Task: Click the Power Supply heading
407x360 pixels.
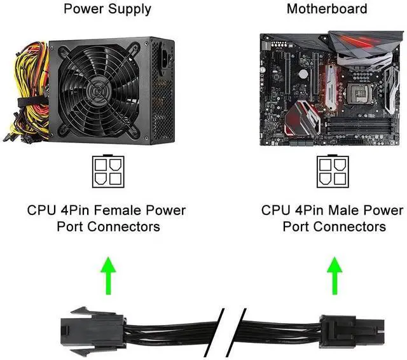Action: click(x=107, y=9)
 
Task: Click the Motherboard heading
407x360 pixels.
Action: click(x=327, y=8)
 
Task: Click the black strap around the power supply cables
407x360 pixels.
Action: click(x=32, y=102)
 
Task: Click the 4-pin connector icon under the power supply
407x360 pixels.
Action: click(x=108, y=171)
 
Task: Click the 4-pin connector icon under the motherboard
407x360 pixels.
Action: click(x=333, y=171)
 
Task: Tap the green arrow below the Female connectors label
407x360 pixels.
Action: click(x=108, y=275)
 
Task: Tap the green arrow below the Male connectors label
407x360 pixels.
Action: click(x=335, y=275)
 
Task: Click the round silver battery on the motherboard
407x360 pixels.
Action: click(x=303, y=74)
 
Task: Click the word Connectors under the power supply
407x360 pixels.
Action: click(x=123, y=226)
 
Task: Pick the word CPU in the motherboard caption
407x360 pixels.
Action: click(x=275, y=210)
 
